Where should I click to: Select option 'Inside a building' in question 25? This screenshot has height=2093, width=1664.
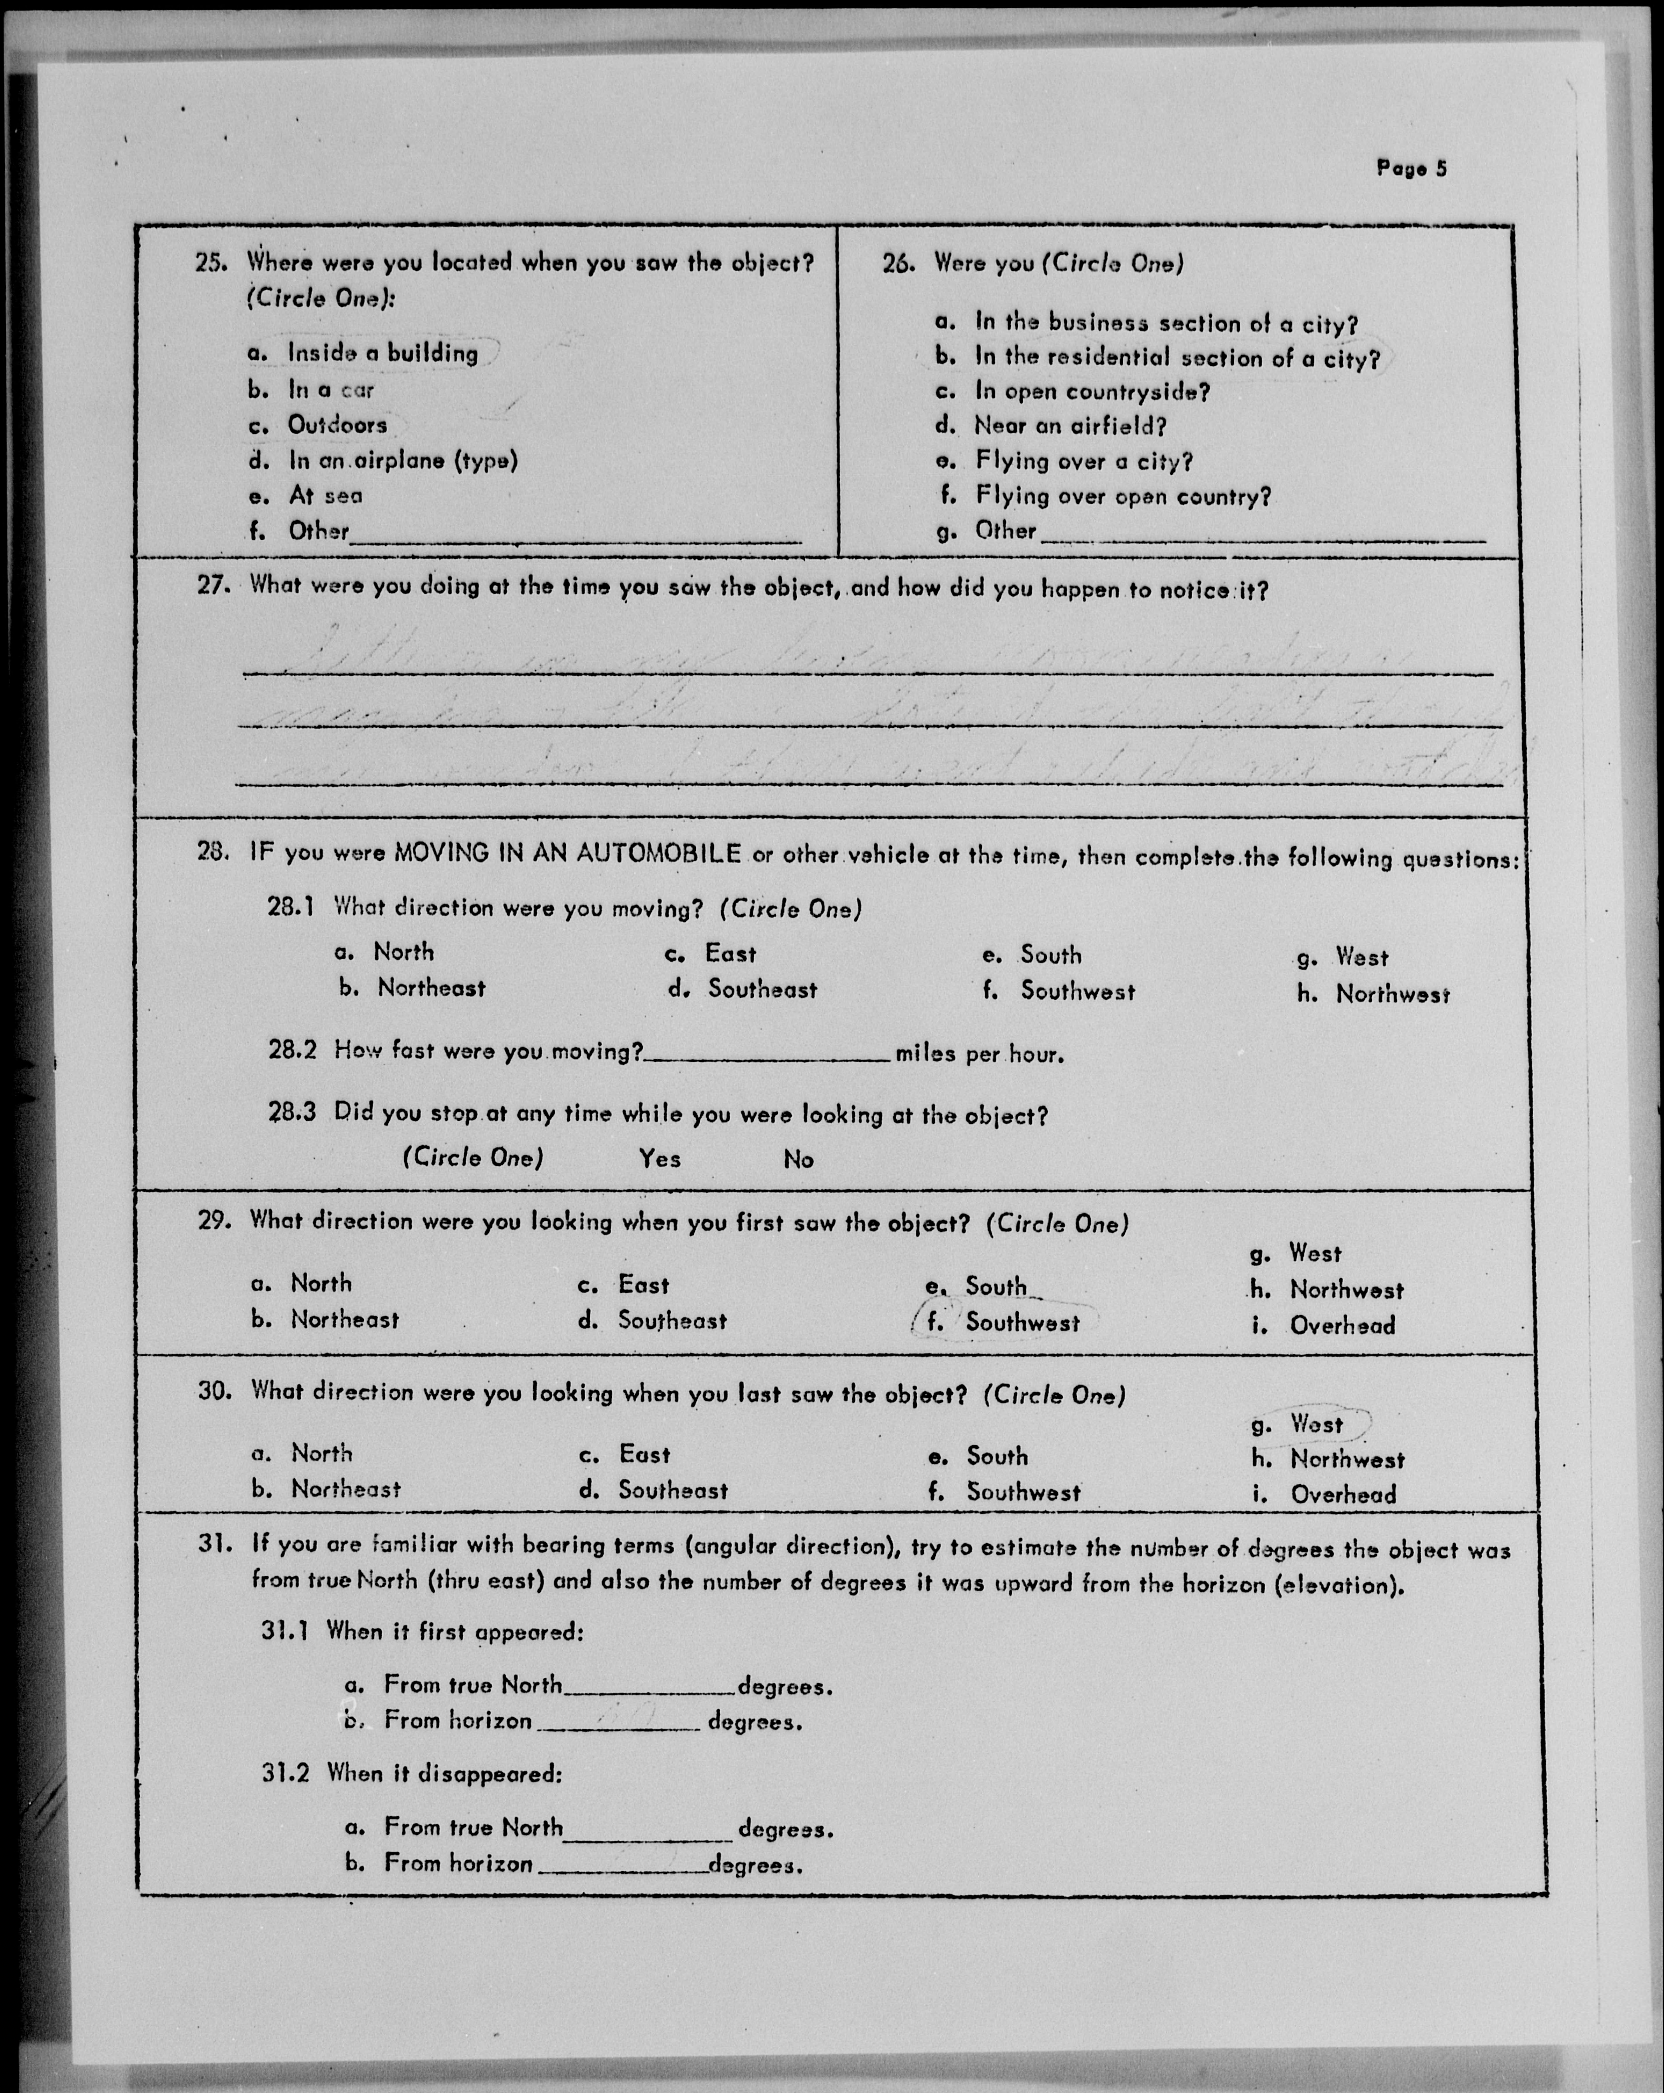[x=383, y=354]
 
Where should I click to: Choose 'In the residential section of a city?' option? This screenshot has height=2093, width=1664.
[x=1177, y=358]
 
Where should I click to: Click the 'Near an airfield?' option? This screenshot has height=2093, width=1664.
[x=1070, y=426]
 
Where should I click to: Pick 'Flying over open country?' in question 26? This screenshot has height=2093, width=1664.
[x=1122, y=497]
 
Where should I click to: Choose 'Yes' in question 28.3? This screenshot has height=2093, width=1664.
[x=659, y=1158]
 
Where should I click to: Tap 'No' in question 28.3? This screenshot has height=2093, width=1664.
[x=798, y=1159]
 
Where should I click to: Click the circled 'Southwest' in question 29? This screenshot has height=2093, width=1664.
[x=1021, y=1322]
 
